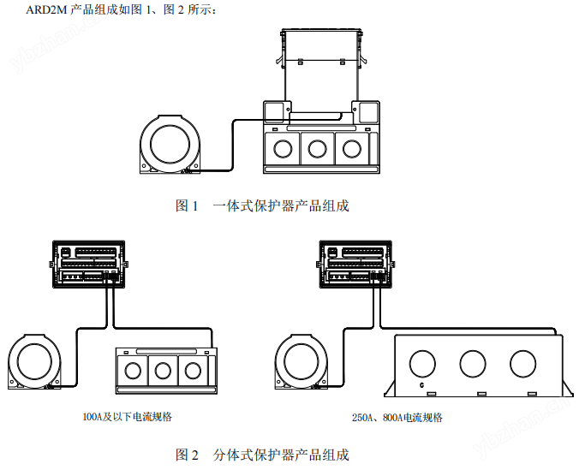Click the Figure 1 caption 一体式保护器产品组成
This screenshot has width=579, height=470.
pos(281,205)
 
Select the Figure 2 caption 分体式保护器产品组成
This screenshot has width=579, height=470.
pos(281,455)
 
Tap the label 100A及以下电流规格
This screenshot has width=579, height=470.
pos(127,417)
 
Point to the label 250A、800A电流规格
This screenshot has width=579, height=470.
pos(397,418)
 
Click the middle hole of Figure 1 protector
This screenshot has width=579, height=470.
pos(317,149)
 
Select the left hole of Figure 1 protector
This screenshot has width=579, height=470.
pos(283,149)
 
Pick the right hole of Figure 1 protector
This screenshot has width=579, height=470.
pos(352,149)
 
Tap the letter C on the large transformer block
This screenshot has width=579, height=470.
pos(421,385)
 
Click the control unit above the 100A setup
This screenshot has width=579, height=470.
pos(88,265)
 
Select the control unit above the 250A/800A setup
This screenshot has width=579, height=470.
pos(355,265)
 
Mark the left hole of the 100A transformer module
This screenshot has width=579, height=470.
pos(133,371)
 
